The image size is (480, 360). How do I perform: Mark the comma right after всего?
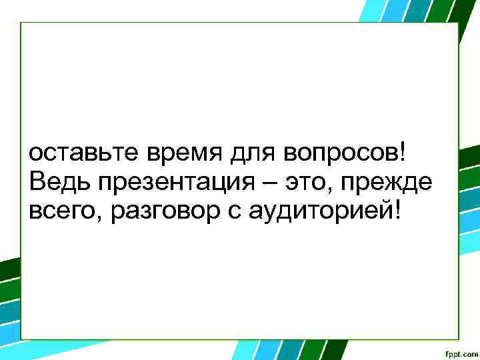pos(91,217)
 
